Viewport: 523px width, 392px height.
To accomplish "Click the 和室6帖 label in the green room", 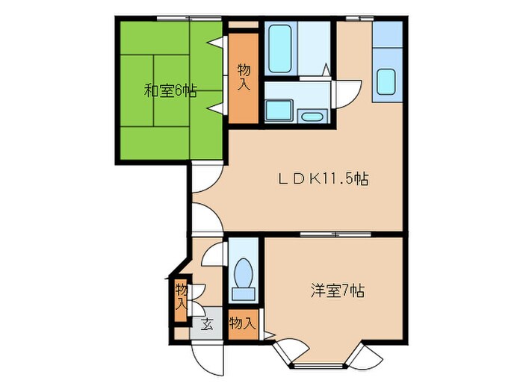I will [x=170, y=91].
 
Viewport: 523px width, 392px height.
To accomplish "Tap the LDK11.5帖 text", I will [x=322, y=179].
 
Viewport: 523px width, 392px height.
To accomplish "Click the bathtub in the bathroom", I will [x=280, y=48].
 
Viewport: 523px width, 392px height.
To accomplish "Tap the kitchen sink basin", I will [x=387, y=81].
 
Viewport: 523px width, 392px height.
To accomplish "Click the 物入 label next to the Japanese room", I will [x=244, y=76].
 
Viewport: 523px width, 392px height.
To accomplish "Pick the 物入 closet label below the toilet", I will [x=243, y=323].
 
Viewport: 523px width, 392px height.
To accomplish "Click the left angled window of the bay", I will [x=283, y=351].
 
